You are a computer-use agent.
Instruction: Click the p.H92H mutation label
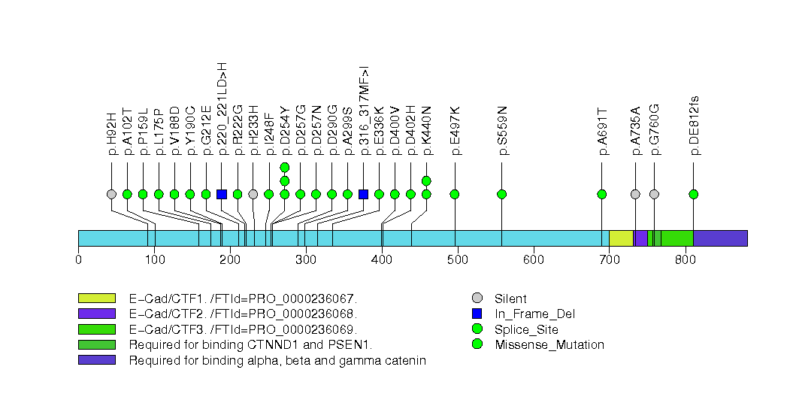(112, 134)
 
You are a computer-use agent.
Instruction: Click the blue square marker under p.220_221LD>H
(222, 194)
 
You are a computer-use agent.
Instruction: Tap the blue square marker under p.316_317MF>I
(364, 194)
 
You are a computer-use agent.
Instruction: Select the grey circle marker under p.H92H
(112, 194)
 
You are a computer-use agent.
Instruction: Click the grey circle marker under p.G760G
(654, 194)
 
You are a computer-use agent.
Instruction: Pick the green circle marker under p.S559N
(502, 194)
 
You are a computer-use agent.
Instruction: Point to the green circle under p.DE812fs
(693, 194)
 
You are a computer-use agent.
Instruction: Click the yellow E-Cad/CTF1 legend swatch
(96, 299)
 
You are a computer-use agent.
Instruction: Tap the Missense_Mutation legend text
(549, 344)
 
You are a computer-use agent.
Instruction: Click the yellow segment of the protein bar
(620, 238)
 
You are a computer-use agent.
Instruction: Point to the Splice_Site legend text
(532, 329)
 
